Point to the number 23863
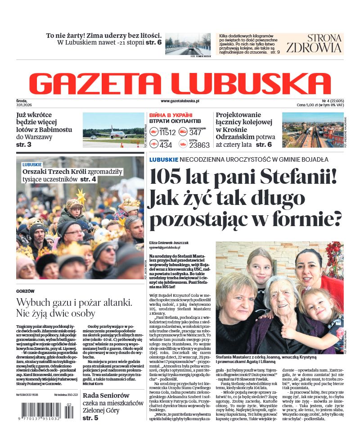(199, 145)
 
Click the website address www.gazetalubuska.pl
(180, 101)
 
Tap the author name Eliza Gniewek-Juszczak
(169, 243)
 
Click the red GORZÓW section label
(25, 291)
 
